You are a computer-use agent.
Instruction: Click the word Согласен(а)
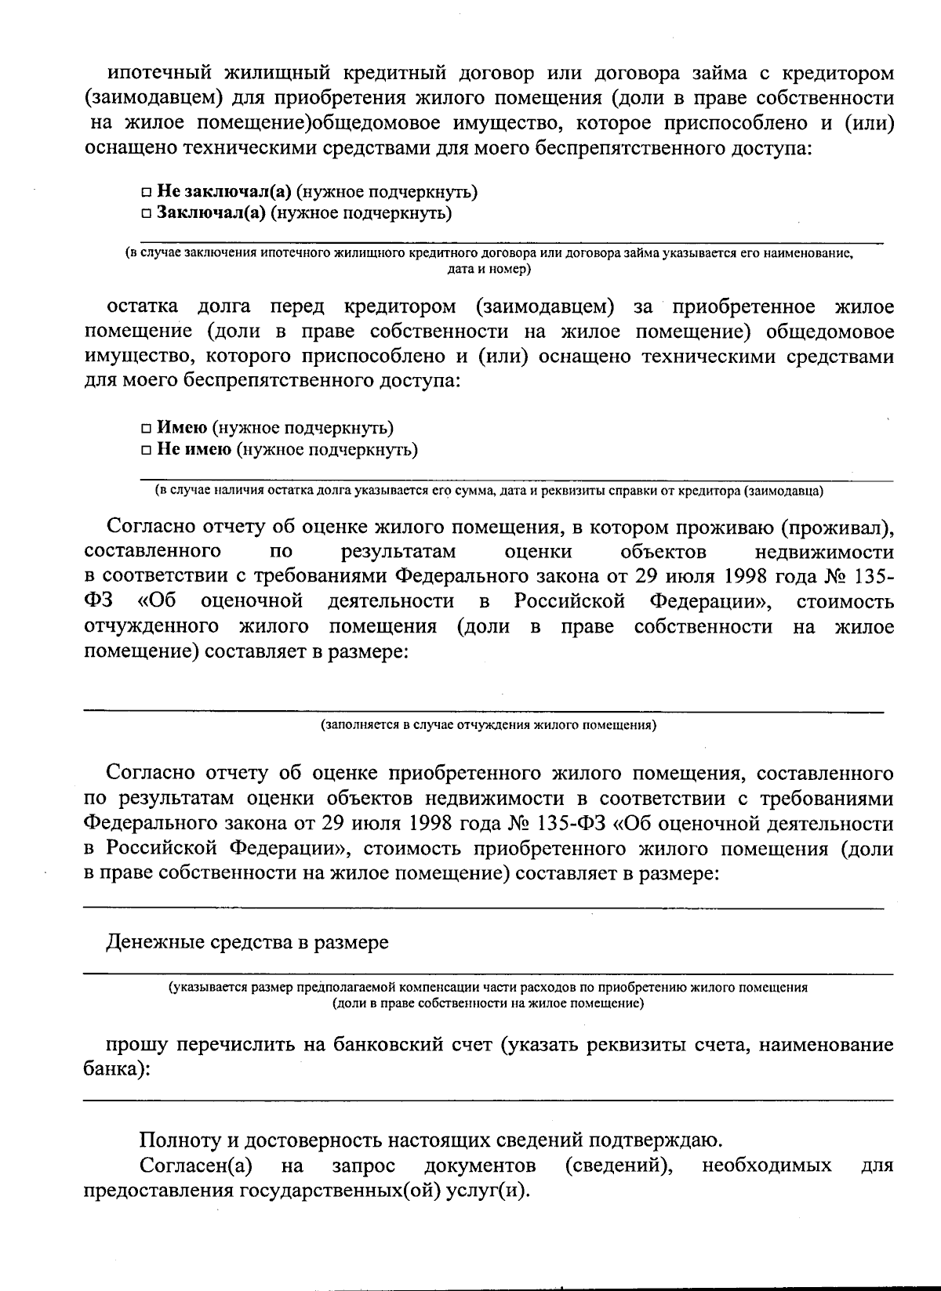click(x=195, y=1166)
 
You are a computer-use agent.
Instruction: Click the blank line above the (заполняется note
click(x=483, y=710)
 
